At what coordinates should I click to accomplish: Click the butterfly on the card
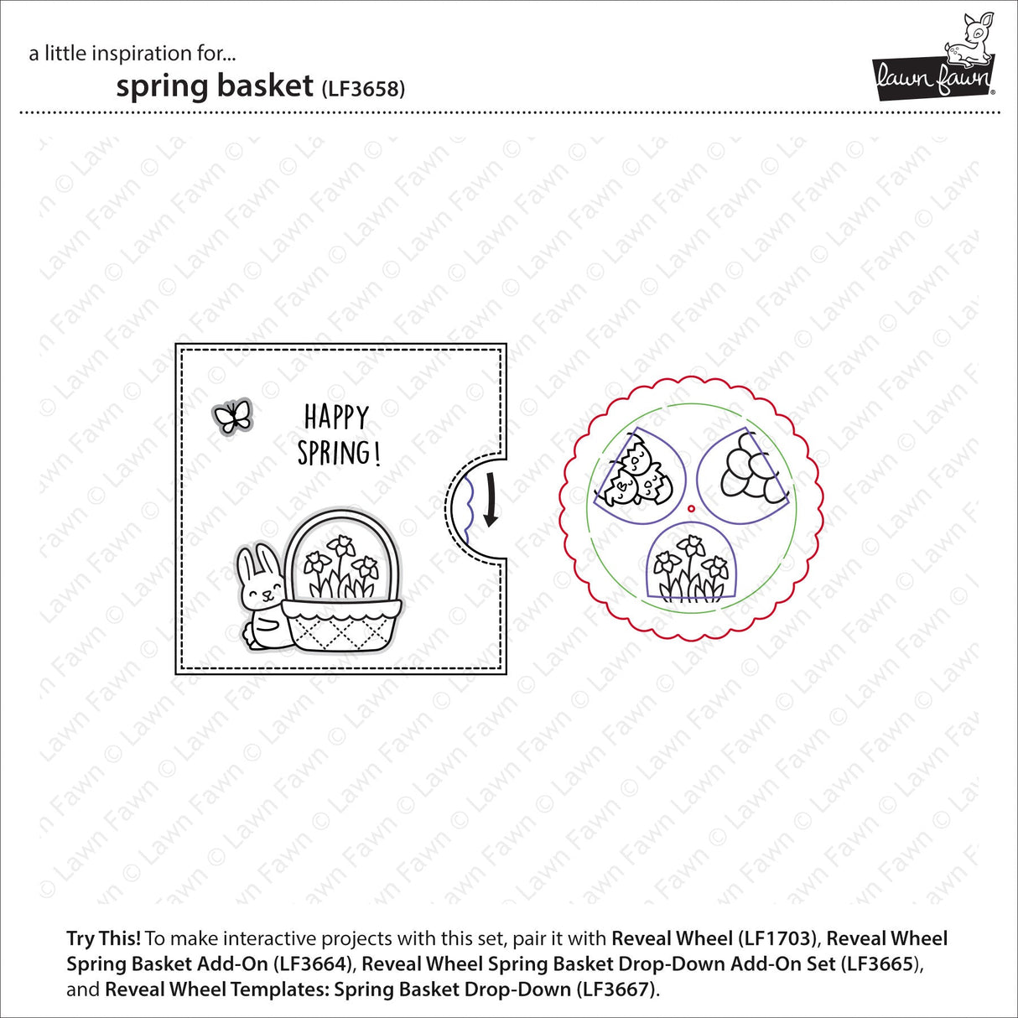click(x=233, y=416)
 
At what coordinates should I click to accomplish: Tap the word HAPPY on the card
click(x=336, y=417)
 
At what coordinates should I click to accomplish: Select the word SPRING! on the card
click(x=339, y=454)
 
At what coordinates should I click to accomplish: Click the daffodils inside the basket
click(x=340, y=566)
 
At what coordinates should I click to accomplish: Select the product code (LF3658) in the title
click(x=363, y=89)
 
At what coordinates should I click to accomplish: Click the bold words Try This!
click(x=104, y=938)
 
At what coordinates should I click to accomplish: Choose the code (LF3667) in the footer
click(x=615, y=989)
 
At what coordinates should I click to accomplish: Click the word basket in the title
click(x=263, y=86)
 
